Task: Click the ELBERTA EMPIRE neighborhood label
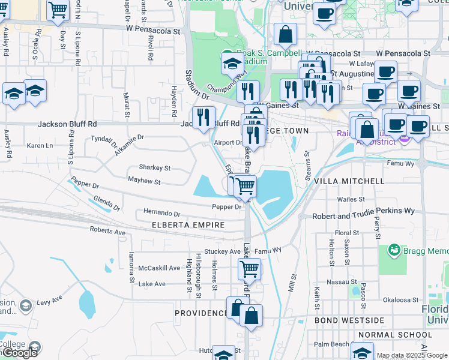pos(184,225)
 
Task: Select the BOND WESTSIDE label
pos(349,320)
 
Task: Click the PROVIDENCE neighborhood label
pos(202,313)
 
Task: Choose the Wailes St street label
pos(351,199)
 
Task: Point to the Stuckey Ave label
pos(222,251)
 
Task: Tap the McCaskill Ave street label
pos(159,268)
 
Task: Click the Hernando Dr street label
pos(161,213)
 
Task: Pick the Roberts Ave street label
pos(107,231)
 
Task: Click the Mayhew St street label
pos(144,181)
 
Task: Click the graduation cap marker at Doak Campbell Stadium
pos(231,63)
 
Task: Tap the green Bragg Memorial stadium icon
pos(394,249)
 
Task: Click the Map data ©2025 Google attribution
pos(411,355)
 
